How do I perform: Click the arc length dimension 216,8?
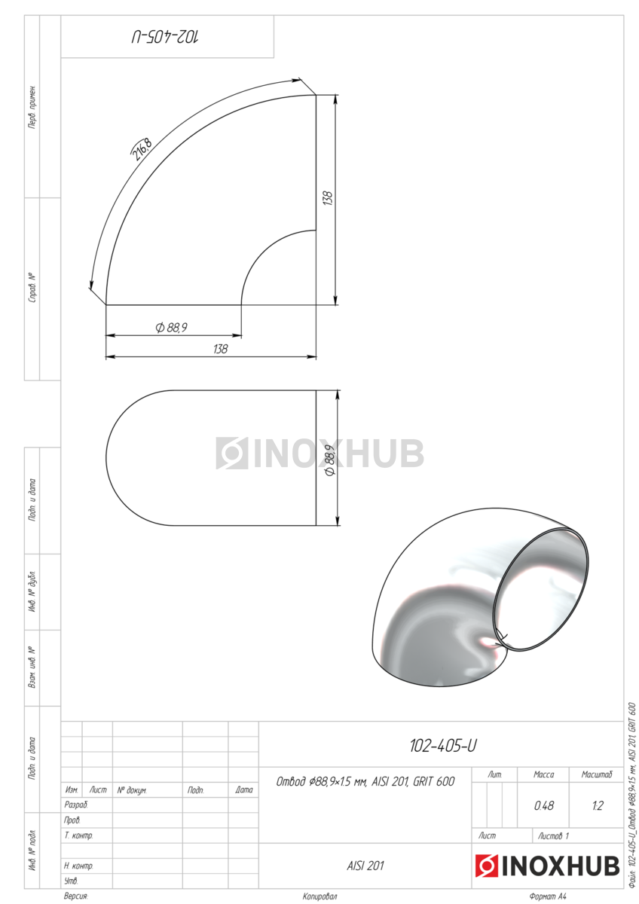(142, 149)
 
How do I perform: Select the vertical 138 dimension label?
(327, 198)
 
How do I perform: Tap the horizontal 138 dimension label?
(220, 349)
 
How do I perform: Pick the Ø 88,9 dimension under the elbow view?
(172, 327)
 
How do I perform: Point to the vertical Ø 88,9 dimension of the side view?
(330, 460)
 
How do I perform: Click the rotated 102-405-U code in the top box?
(165, 37)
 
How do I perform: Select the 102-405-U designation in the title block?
(443, 746)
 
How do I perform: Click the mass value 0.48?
(544, 806)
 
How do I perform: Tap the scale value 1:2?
(598, 806)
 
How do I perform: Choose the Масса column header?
(544, 774)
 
